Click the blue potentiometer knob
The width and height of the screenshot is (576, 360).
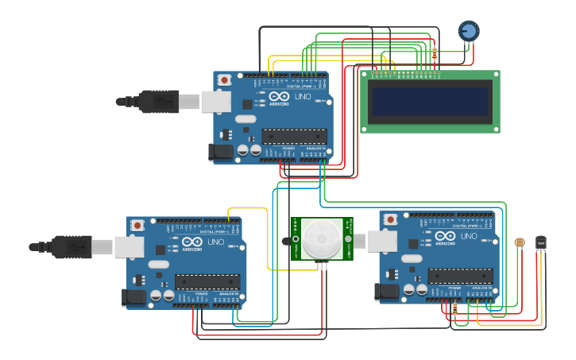point(469,31)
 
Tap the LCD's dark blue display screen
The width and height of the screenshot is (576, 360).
point(430,101)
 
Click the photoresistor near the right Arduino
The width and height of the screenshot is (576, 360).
point(520,242)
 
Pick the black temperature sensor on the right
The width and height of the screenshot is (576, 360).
point(541,241)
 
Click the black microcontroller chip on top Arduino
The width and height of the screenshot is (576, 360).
point(294,136)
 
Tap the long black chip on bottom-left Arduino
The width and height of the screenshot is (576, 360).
point(207,281)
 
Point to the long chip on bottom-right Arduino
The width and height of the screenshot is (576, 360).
point(460,276)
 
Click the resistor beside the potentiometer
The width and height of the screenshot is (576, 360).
point(435,54)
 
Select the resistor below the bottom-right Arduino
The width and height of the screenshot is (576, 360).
point(454,308)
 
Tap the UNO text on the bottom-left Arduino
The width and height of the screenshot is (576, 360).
point(216,242)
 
